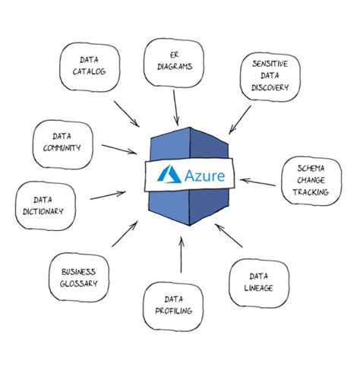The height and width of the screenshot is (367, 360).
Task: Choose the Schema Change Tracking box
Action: (311, 180)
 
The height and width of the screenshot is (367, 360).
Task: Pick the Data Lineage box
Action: (259, 282)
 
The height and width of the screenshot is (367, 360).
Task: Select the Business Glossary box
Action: (79, 277)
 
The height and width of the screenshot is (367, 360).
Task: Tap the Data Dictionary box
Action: (49, 204)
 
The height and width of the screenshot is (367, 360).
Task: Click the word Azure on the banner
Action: (204, 175)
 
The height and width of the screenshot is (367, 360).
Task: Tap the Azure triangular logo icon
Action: (166, 175)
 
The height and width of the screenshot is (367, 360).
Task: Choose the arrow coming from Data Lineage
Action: (229, 236)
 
